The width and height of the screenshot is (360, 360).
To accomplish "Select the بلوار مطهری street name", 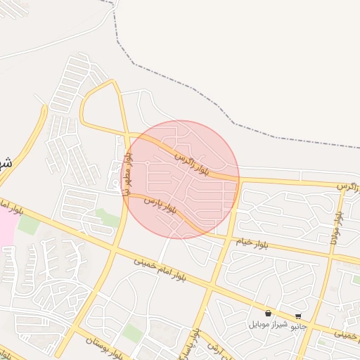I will coord(128,175).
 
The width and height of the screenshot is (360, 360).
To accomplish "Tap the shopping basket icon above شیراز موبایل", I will coord(268,314).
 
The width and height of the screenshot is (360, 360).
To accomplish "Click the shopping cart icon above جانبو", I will coord(298,316).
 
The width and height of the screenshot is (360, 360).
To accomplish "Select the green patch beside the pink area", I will coord(28,225).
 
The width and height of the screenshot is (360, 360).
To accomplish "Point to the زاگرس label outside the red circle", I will coord(347,186).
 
